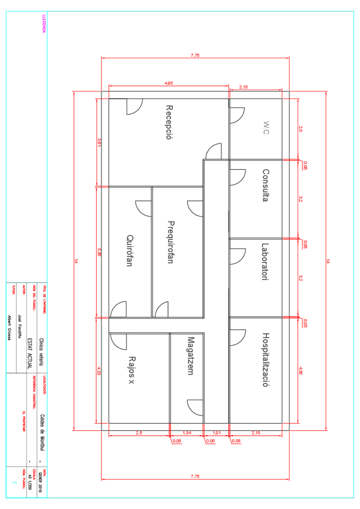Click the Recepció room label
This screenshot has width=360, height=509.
click(x=169, y=122)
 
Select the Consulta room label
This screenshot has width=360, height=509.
click(x=265, y=186)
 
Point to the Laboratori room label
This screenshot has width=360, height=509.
click(x=265, y=262)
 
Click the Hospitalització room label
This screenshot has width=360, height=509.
click(x=265, y=360)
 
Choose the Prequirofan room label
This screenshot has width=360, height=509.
click(x=170, y=242)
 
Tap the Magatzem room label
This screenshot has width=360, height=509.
click(x=190, y=356)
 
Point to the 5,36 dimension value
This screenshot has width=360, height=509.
click(x=100, y=253)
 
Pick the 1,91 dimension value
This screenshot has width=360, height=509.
click(x=217, y=433)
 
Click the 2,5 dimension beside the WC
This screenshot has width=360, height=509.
click(x=301, y=128)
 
